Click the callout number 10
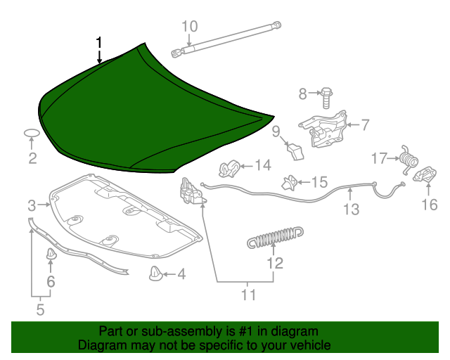click(x=190, y=27)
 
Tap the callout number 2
click(x=32, y=158)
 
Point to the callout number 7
click(x=364, y=126)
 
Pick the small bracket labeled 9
click(x=295, y=149)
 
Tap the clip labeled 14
click(x=228, y=169)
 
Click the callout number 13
click(x=351, y=209)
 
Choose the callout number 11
click(x=249, y=295)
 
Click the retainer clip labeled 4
click(x=155, y=274)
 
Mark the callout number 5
click(x=40, y=309)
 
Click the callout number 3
click(x=32, y=206)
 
